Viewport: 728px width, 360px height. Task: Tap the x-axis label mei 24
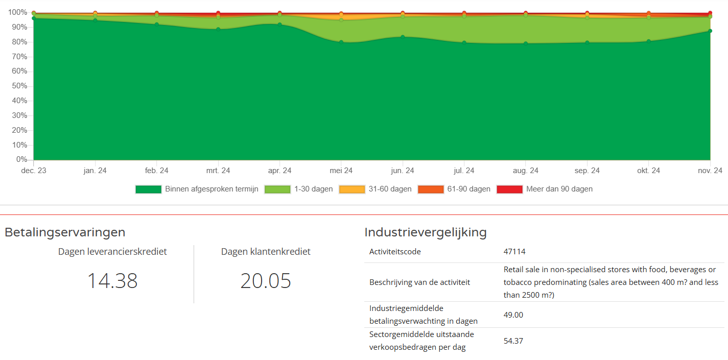tap(341, 171)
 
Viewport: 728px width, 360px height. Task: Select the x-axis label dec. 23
tap(33, 171)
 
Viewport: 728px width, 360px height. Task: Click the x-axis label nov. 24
tap(710, 171)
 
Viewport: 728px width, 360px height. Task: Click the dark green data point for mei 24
tap(341, 42)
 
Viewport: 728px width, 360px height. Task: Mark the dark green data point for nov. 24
tap(710, 31)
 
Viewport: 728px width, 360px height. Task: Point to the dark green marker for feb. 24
tap(157, 24)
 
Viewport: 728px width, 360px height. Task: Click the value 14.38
tap(112, 281)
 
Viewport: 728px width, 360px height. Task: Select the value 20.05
tap(266, 281)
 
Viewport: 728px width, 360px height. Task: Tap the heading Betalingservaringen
tap(65, 232)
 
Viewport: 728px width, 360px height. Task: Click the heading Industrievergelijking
tap(425, 232)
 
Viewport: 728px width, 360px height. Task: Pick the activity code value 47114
tap(514, 251)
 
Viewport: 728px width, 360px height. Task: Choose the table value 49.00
tap(513, 315)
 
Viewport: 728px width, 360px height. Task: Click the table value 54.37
tap(513, 341)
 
